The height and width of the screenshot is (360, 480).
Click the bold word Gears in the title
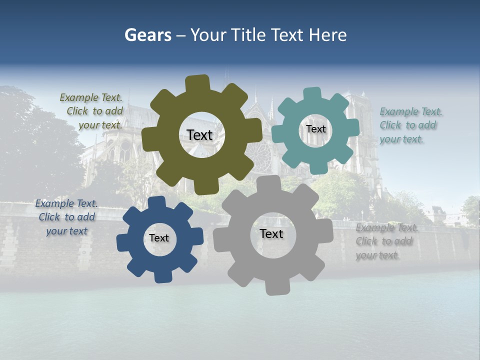(x=147, y=35)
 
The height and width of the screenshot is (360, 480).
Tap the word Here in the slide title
(x=327, y=35)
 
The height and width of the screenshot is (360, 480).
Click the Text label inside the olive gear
(x=199, y=135)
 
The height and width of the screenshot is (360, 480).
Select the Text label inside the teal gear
(x=315, y=129)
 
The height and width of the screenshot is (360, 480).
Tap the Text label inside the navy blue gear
(x=159, y=238)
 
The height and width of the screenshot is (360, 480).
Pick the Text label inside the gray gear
(x=271, y=233)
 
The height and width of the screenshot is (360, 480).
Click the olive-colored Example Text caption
(x=91, y=111)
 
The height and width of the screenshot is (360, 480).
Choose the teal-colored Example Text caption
(x=410, y=125)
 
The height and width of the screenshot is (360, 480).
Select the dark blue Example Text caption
(x=66, y=217)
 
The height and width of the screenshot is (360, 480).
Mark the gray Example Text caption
(x=386, y=241)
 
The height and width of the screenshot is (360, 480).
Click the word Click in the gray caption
(x=366, y=241)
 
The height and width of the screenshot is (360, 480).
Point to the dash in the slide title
(x=181, y=35)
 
